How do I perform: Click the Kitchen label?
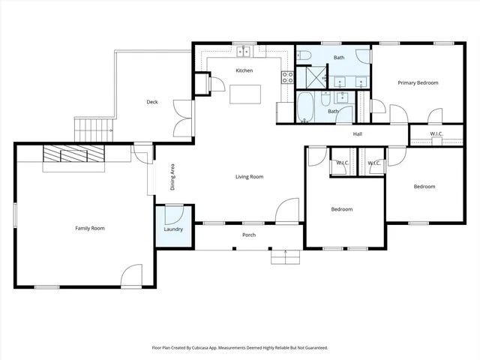[x=244, y=70]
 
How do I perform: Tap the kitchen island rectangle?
[x=246, y=94]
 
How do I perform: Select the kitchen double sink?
[x=244, y=52]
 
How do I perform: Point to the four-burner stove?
[x=286, y=76]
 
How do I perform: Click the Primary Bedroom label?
[x=418, y=82]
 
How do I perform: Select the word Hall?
[x=358, y=134]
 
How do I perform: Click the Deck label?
[x=152, y=102]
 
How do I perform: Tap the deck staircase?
[x=93, y=127]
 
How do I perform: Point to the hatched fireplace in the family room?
[x=73, y=154]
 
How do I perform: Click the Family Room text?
[x=89, y=227]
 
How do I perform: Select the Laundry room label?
[x=174, y=230]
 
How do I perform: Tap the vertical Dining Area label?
[x=172, y=177]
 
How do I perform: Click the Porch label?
[x=249, y=235]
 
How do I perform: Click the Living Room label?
[x=249, y=177]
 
